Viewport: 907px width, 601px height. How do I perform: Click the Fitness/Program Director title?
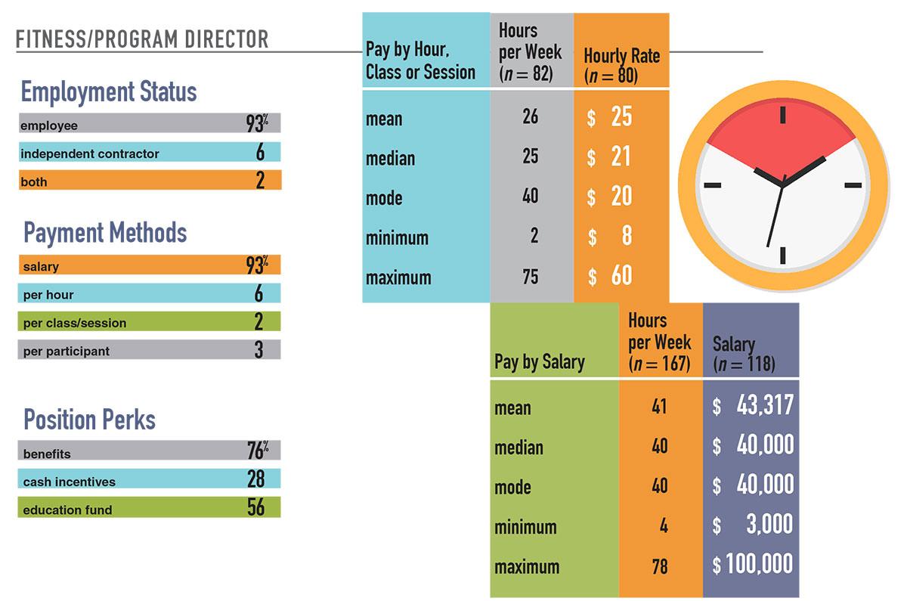coord(142,39)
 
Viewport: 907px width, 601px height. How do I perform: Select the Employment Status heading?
coord(109,92)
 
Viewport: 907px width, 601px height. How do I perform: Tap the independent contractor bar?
coord(150,153)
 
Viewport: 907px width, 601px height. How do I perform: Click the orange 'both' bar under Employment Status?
coord(150,181)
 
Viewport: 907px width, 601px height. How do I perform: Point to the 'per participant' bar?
coord(150,351)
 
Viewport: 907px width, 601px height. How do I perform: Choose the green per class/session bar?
coord(150,323)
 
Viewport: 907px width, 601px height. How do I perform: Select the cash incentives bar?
coord(150,481)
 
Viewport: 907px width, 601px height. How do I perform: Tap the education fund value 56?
coord(256,508)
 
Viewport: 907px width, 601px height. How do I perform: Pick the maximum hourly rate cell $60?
coord(611,276)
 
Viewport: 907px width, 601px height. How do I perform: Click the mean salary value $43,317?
coord(753,406)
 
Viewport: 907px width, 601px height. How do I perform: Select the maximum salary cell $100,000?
coord(753,564)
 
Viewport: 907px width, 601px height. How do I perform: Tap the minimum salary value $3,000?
coord(753,525)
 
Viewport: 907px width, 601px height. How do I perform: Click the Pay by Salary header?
coord(540,361)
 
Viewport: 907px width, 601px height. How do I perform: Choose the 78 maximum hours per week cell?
coord(660,565)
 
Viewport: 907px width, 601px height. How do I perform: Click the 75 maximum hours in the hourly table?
coord(531,277)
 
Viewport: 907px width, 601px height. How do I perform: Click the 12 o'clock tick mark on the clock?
coord(782,115)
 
